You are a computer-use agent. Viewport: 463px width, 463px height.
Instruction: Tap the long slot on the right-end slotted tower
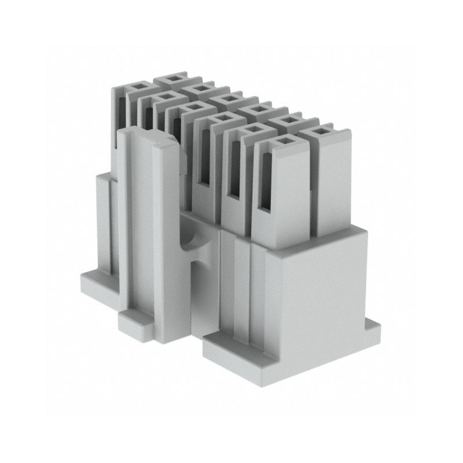(266, 182)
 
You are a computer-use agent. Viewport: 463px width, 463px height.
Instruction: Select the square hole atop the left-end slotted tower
(137, 87)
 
